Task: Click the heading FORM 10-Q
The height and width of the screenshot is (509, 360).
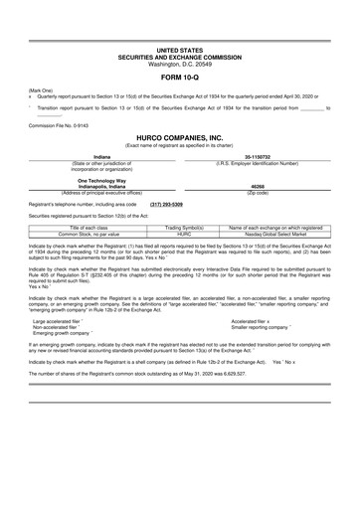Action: pyautogui.click(x=180, y=75)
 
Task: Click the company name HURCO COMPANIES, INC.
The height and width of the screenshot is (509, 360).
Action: pyautogui.click(x=180, y=140)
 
